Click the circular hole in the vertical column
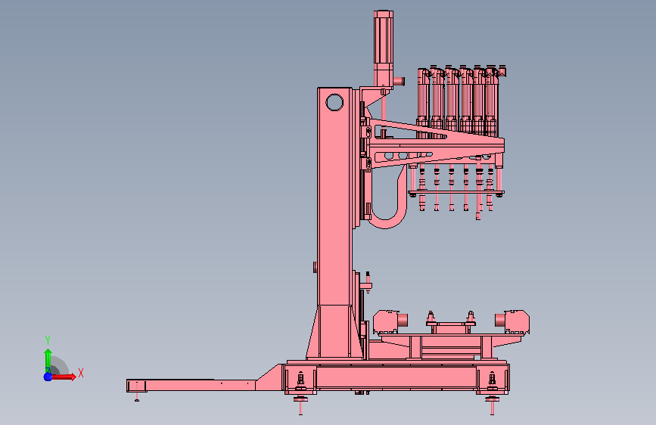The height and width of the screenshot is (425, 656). coord(334,102)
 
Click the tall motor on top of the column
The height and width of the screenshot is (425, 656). coord(383,49)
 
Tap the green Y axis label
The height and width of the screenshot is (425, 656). coord(48,340)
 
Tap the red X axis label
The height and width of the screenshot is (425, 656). coord(81,373)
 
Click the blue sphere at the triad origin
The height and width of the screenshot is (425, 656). coord(48,377)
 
